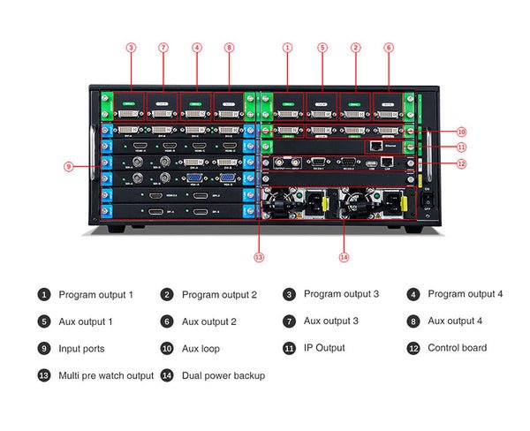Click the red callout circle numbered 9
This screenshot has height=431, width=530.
[x=68, y=164]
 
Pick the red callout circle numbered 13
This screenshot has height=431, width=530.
[x=259, y=257]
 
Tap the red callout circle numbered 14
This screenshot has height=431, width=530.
[x=344, y=257]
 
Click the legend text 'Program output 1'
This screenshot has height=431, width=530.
[x=95, y=294]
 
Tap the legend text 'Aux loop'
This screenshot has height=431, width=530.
[x=201, y=349]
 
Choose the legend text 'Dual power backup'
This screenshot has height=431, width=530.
[x=223, y=375]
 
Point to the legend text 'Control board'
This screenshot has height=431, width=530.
[x=457, y=348]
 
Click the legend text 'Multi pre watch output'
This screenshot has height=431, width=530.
[x=106, y=375]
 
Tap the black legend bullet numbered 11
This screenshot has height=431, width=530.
[x=290, y=348]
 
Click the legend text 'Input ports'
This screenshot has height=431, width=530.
[x=81, y=349]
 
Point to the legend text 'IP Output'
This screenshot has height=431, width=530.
[x=324, y=348]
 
